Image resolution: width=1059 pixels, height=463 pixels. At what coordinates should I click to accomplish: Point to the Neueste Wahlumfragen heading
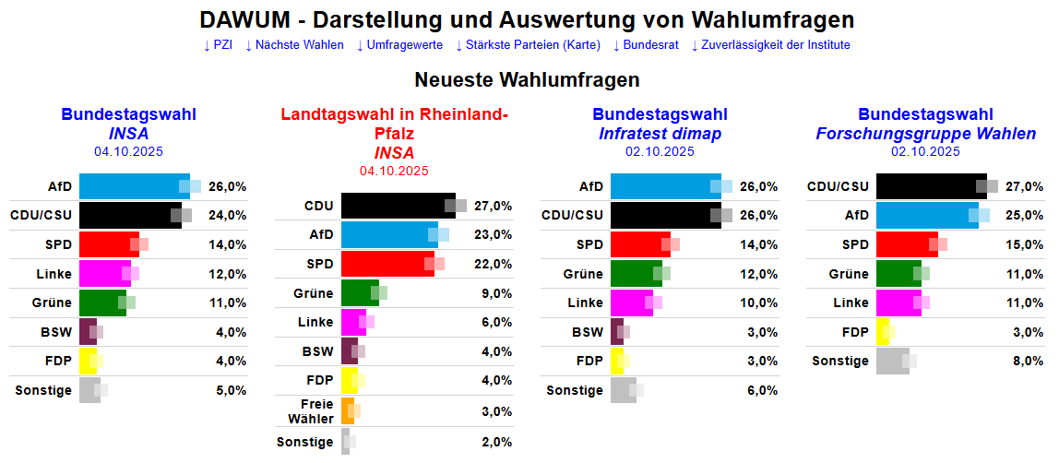point(527,80)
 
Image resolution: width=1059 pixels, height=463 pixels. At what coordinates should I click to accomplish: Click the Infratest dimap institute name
point(660,134)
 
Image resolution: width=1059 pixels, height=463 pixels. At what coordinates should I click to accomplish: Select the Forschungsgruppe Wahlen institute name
point(925,134)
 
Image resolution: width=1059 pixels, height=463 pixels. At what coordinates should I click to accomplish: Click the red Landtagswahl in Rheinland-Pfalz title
point(394,125)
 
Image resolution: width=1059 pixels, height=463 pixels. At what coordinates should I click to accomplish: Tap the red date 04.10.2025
point(394,171)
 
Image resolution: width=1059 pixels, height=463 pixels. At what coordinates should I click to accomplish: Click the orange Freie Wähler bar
point(347,411)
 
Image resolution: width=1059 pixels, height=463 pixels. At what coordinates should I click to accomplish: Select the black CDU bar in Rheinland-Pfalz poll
point(397,206)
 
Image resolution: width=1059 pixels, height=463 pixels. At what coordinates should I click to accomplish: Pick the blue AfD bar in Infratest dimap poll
point(664,186)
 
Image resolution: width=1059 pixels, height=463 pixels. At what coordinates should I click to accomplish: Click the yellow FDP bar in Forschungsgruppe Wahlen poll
point(881,332)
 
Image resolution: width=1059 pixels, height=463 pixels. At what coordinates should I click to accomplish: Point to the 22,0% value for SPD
point(494,264)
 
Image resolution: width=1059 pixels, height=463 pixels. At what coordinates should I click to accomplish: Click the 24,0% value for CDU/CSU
point(228,216)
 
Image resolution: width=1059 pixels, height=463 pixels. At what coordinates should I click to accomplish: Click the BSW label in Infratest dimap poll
point(587,332)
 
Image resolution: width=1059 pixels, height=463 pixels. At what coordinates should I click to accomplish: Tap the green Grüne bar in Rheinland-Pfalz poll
point(359,293)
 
